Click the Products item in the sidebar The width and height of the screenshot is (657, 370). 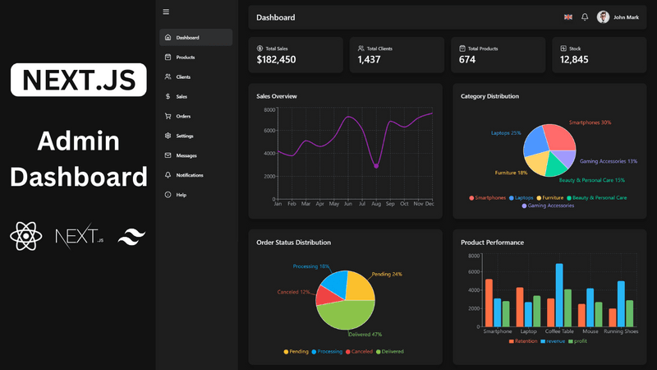(185, 58)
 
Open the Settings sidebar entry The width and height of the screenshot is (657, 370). (184, 136)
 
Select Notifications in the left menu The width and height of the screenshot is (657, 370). (189, 175)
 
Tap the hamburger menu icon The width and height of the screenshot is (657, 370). (166, 12)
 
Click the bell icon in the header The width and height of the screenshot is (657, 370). (585, 17)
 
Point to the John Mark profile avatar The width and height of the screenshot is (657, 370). (604, 17)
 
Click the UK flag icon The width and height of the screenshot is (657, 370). (568, 17)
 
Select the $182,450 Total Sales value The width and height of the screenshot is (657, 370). (276, 59)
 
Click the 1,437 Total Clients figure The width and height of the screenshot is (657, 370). (369, 59)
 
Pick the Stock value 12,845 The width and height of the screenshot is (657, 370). (574, 59)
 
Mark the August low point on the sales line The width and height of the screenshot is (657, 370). (376, 167)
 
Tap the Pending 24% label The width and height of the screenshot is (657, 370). (387, 274)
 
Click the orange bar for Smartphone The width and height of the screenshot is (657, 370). (489, 303)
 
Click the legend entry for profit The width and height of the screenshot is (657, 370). (578, 340)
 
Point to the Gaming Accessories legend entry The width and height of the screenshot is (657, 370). (548, 206)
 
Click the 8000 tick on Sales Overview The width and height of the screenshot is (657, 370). (269, 109)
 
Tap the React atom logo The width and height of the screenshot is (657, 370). (26, 237)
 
